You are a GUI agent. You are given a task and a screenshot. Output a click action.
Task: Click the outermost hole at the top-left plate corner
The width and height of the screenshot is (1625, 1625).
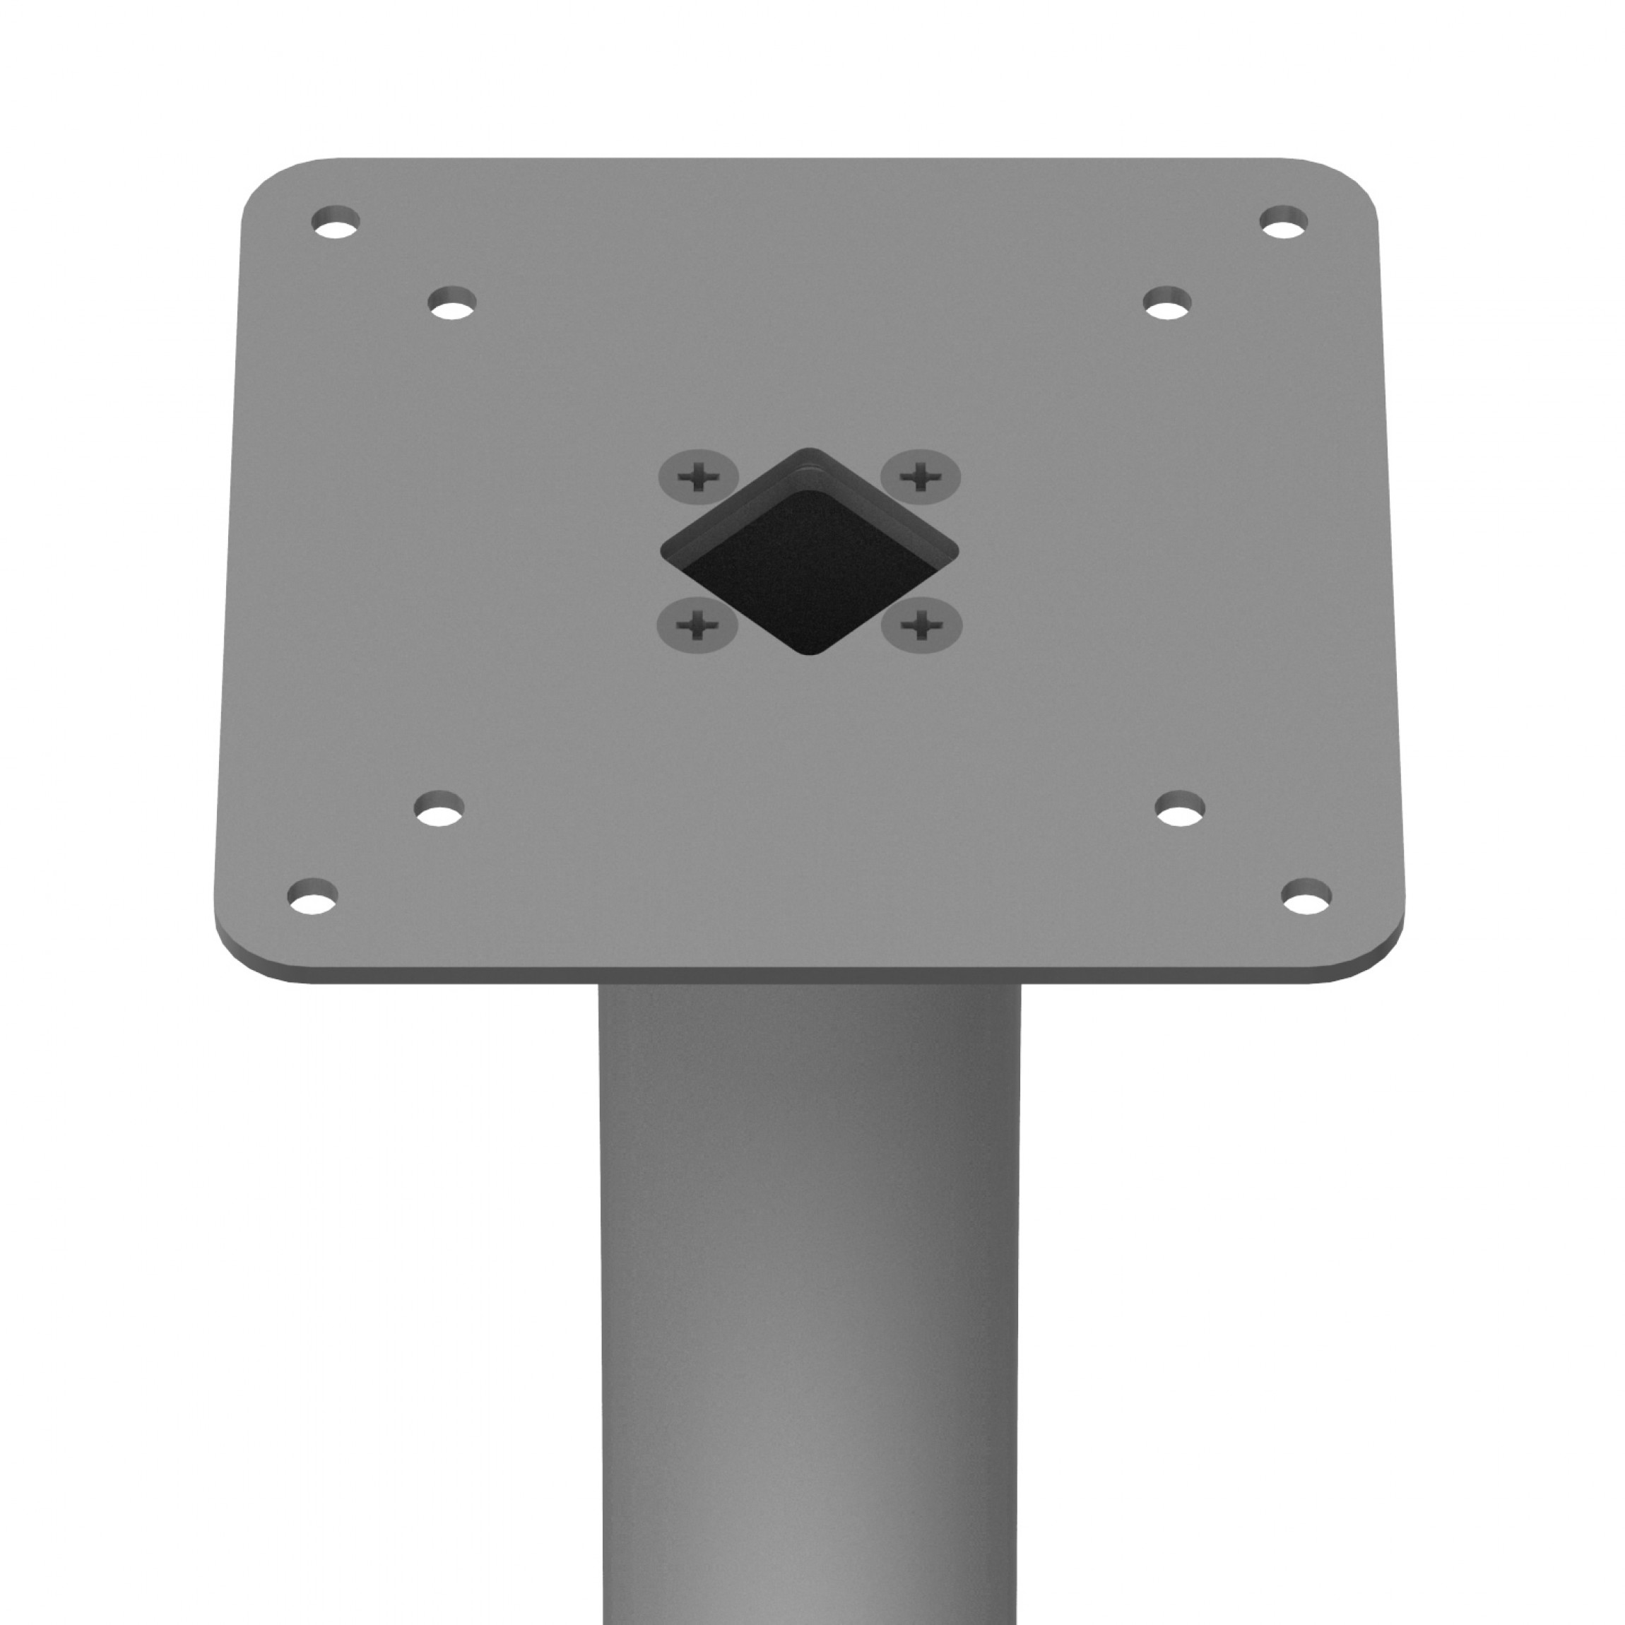(336, 222)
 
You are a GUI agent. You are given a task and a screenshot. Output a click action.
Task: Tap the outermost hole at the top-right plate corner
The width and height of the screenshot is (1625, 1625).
(1284, 221)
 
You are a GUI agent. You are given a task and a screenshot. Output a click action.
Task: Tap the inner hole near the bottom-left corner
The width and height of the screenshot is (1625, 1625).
(439, 808)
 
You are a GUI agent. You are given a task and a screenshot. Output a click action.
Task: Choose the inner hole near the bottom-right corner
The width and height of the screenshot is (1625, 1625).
(1180, 808)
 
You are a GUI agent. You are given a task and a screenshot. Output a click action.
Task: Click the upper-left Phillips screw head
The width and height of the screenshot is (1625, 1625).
(697, 477)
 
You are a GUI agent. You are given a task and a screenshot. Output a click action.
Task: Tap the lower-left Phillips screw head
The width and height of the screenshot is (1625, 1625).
(697, 626)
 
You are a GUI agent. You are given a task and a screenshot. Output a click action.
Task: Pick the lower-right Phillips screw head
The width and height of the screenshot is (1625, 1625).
(922, 626)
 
